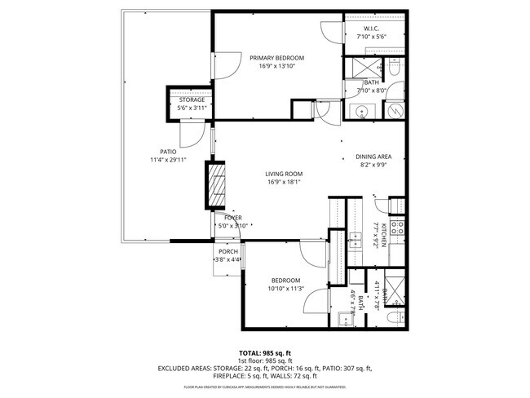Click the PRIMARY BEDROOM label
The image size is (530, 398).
click(276, 58)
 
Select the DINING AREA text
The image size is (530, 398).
click(373, 157)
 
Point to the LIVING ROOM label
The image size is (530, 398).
click(284, 174)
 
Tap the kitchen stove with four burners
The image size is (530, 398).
click(397, 228)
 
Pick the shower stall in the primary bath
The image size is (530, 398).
click(360, 68)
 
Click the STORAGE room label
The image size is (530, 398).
click(192, 99)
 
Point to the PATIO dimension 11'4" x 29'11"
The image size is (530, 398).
click(168, 160)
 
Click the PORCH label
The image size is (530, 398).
click(227, 252)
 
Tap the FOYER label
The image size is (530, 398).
click(232, 219)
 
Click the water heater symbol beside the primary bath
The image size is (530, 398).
click(394, 110)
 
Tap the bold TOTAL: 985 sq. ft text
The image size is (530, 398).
click(264, 352)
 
